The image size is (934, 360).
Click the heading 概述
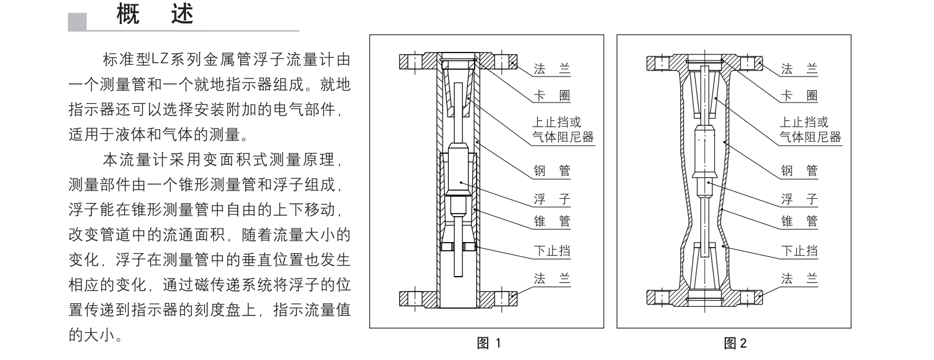point(154,15)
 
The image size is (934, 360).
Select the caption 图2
point(735,343)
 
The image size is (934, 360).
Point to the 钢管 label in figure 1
point(552,171)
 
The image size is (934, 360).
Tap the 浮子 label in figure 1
point(552,199)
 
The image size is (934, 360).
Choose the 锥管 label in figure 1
point(552,221)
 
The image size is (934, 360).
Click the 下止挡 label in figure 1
point(552,251)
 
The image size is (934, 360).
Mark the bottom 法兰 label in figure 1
point(552,278)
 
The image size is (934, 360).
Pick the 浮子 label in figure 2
point(799,199)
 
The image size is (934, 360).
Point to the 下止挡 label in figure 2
point(799,251)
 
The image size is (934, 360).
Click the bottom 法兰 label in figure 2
point(799,278)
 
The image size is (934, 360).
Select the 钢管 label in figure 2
point(799,171)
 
